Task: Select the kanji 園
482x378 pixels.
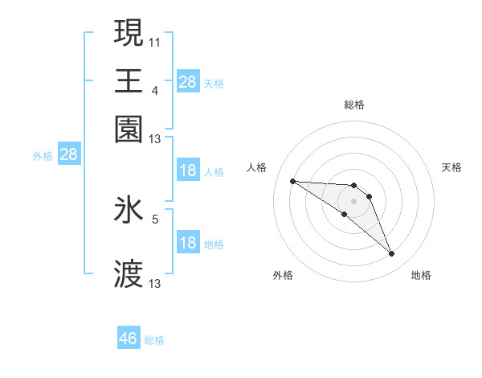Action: (129, 128)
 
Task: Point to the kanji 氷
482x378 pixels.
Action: (129, 210)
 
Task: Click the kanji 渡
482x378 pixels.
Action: (129, 273)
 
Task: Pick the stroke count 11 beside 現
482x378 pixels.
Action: (155, 40)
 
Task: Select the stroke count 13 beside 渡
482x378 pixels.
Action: (155, 283)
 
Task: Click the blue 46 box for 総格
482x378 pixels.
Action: (129, 339)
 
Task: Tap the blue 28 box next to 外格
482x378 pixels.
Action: (68, 155)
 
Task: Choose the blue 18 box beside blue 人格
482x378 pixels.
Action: (188, 171)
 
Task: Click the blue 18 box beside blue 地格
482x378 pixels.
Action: (188, 243)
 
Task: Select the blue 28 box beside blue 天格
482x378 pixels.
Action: (188, 81)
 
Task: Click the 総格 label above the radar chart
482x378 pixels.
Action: (354, 105)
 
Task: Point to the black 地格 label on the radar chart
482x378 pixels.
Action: (421, 275)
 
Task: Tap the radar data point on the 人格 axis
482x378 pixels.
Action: (293, 181)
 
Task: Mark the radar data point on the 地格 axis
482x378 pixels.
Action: (392, 254)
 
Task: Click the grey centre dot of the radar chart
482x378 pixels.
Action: (354, 200)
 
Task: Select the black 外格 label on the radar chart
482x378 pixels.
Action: (283, 275)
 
